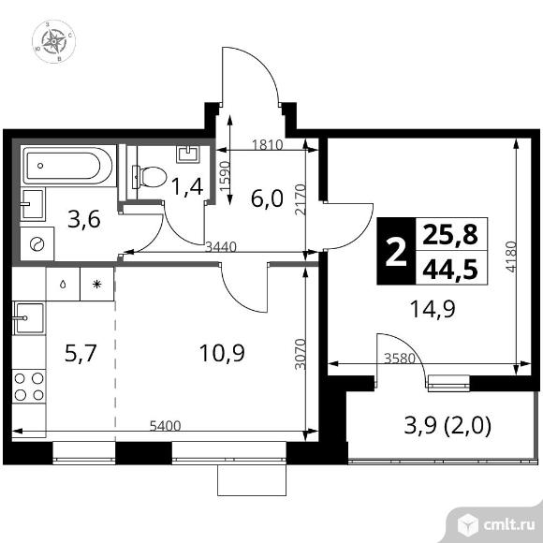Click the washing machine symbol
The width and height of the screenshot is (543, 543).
(x=38, y=243)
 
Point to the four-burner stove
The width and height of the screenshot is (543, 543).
(x=30, y=386)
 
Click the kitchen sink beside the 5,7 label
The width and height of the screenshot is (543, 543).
(x=28, y=318)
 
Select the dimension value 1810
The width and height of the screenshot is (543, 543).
(x=269, y=144)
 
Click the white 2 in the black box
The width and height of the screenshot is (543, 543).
(x=397, y=251)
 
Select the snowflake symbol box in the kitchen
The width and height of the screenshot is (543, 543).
(x=96, y=282)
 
